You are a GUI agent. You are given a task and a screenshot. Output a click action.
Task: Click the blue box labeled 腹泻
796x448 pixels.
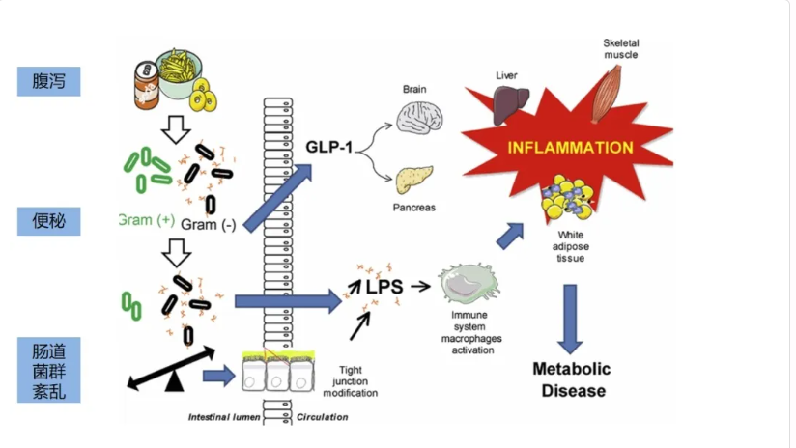(48, 81)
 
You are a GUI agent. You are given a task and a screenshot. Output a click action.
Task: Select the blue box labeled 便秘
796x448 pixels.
(48, 221)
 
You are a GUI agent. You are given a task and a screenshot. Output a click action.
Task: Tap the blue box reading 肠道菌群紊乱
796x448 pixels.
(48, 370)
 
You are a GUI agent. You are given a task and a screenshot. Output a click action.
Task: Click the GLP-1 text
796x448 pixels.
(329, 147)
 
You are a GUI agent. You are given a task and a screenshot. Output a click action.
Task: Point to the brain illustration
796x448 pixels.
(419, 118)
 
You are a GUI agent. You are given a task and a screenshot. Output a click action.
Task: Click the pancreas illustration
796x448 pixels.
(414, 180)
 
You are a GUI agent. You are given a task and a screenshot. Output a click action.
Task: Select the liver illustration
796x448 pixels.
(510, 104)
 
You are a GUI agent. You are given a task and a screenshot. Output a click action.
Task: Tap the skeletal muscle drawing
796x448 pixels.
(608, 94)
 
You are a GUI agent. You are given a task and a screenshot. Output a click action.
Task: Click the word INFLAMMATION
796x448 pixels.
(571, 148)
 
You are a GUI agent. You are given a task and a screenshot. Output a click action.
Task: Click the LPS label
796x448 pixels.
(384, 287)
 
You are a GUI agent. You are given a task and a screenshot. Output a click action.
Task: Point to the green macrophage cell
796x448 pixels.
(469, 283)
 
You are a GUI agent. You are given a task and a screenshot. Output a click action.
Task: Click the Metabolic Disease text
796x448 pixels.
(572, 379)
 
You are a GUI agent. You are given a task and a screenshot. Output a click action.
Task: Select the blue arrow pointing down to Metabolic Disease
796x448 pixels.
(570, 319)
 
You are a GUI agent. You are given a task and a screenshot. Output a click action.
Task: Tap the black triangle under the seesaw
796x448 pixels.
(174, 380)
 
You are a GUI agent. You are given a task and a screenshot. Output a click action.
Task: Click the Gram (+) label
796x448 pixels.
(147, 220)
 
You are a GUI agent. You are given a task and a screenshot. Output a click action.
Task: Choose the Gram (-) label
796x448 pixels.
(208, 224)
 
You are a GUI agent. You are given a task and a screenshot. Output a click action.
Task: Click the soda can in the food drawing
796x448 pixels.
(146, 85)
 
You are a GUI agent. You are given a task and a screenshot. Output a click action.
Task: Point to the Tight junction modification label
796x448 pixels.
(351, 381)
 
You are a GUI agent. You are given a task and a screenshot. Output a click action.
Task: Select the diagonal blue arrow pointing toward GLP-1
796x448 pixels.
(277, 198)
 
